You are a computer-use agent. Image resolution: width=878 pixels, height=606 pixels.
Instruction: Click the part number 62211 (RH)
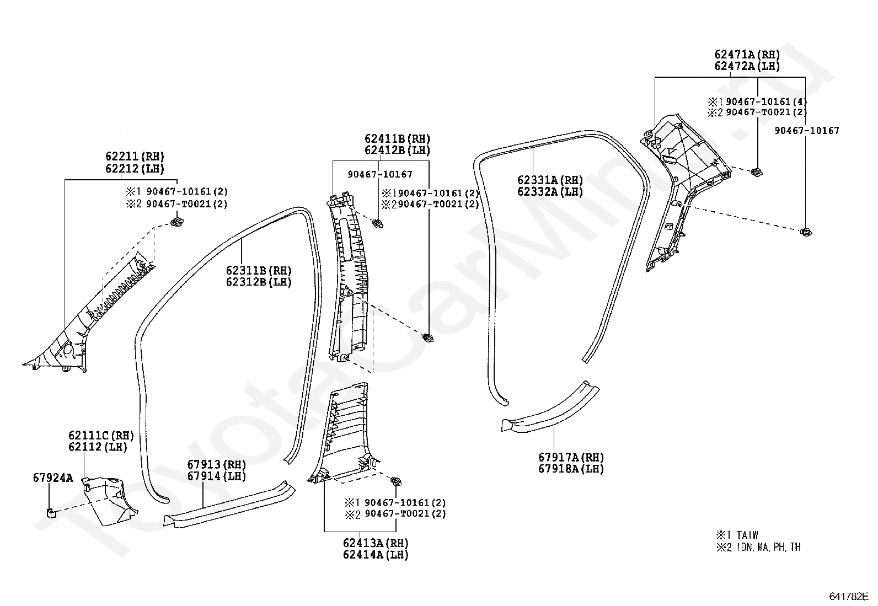pyautogui.click(x=135, y=157)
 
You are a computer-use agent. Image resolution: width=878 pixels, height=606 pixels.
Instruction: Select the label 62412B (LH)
pyautogui.click(x=398, y=150)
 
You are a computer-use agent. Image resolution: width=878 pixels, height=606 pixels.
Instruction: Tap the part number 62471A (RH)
pyautogui.click(x=747, y=55)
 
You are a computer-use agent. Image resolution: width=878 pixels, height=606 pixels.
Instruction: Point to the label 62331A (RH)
pyautogui.click(x=550, y=180)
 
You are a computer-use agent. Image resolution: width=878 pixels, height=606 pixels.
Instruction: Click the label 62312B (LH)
pyautogui.click(x=259, y=282)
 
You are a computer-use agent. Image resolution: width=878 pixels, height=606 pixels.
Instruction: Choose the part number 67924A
pyautogui.click(x=53, y=478)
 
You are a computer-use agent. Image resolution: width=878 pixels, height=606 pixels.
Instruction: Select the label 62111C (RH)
pyautogui.click(x=101, y=436)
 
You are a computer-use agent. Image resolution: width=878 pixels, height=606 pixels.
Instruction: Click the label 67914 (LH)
pyautogui.click(x=216, y=476)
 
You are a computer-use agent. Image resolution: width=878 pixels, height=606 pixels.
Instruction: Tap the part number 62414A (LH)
pyautogui.click(x=376, y=555)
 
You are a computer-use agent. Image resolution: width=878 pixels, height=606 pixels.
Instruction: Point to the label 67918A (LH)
pyautogui.click(x=571, y=469)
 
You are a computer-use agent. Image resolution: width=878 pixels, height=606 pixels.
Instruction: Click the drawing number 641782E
pyautogui.click(x=849, y=596)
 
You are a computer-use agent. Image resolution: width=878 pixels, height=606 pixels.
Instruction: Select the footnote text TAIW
pyautogui.click(x=747, y=535)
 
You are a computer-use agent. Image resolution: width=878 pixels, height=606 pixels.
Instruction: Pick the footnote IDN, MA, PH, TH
pyautogui.click(x=769, y=547)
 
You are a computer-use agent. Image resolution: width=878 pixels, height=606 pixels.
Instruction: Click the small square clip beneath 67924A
pyautogui.click(x=51, y=512)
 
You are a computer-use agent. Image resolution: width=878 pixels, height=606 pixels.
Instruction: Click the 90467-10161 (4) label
pyautogui.click(x=766, y=102)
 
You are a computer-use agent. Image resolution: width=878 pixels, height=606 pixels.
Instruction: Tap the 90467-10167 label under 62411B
pyautogui.click(x=380, y=174)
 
